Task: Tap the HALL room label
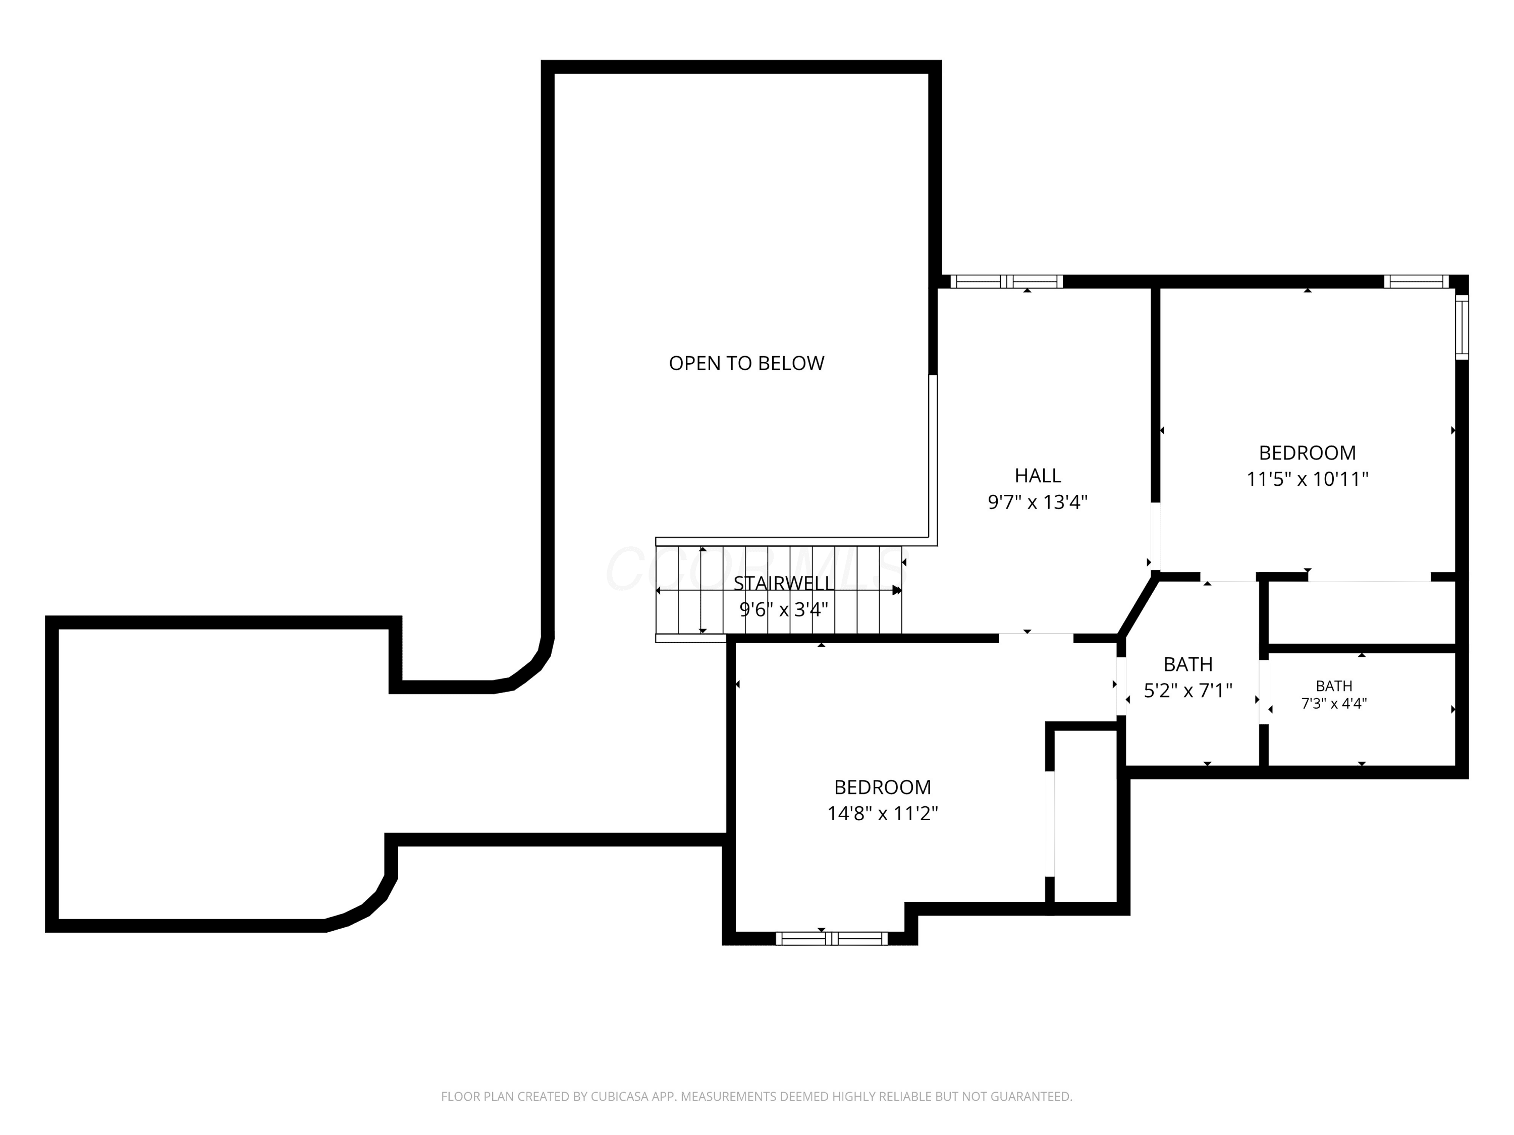(1038, 476)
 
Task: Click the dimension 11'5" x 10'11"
(1307, 479)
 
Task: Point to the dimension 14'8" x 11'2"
(882, 814)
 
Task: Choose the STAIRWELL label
(784, 584)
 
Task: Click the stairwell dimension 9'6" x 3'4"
(784, 609)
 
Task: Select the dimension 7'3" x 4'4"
(1334, 703)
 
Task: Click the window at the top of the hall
(1006, 281)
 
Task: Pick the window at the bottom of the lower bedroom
(832, 939)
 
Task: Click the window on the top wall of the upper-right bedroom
(1416, 281)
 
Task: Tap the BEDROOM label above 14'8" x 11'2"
(882, 787)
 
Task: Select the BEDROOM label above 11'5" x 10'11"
(1307, 453)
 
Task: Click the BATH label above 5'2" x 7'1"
(1188, 664)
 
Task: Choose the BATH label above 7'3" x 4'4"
(1334, 686)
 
